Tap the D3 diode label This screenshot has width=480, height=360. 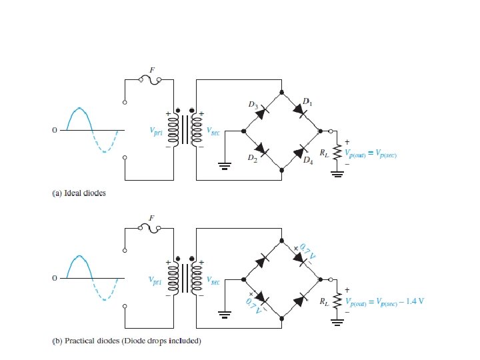(252, 105)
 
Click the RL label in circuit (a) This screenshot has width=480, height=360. (323, 153)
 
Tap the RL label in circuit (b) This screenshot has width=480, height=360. (323, 301)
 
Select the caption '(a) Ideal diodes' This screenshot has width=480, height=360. (79, 194)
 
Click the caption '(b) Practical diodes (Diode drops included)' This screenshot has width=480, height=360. (126, 342)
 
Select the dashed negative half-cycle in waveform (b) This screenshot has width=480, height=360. (105, 291)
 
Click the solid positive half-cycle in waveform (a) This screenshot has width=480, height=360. (79, 117)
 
